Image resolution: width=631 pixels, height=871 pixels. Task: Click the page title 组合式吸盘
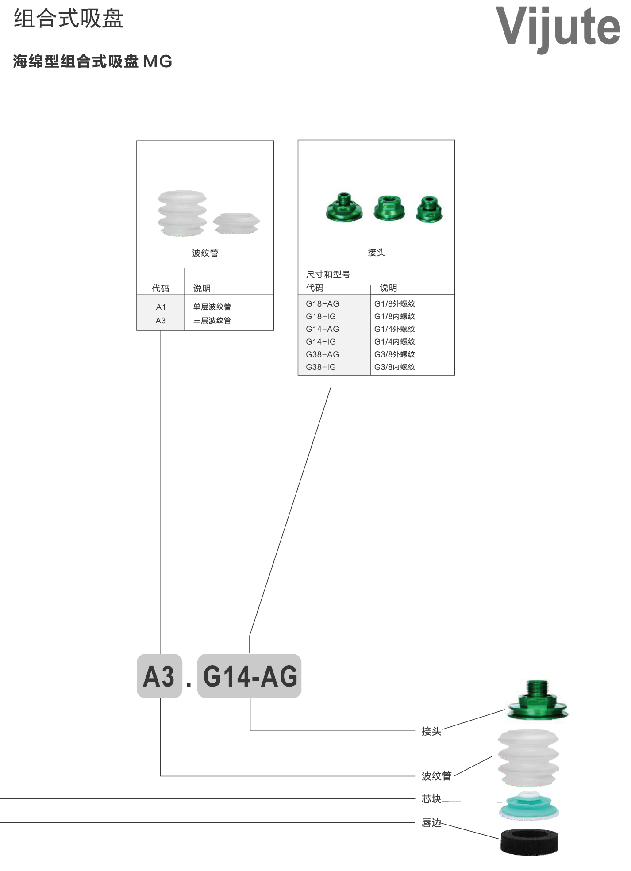pos(69,19)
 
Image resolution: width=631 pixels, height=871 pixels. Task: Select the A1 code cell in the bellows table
pos(161,307)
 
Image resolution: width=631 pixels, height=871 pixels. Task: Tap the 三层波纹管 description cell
pos(212,320)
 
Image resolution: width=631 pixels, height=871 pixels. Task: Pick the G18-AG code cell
pos(322,304)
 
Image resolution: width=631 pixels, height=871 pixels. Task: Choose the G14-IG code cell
pos(321,341)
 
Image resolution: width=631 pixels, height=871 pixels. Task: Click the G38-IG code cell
pos(321,367)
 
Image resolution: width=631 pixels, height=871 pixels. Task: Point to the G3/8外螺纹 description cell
pos(395,354)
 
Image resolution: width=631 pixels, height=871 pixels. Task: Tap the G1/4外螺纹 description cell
pos(395,329)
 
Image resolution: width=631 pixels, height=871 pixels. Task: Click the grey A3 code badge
pos(159,676)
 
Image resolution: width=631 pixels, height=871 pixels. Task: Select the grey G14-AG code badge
pos(249,676)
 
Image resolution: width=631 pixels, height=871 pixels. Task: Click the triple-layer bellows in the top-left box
pos(182,213)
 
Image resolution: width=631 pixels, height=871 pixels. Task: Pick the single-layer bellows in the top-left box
pos(236,223)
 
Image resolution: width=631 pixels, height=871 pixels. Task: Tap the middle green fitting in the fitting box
pos(389,208)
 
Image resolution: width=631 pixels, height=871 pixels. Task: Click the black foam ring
pos(529,842)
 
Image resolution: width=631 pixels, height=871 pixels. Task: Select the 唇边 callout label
pos(431,822)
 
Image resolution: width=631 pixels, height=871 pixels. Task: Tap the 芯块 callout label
pos(431,798)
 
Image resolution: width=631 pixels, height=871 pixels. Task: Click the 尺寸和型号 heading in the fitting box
pos(328,274)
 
